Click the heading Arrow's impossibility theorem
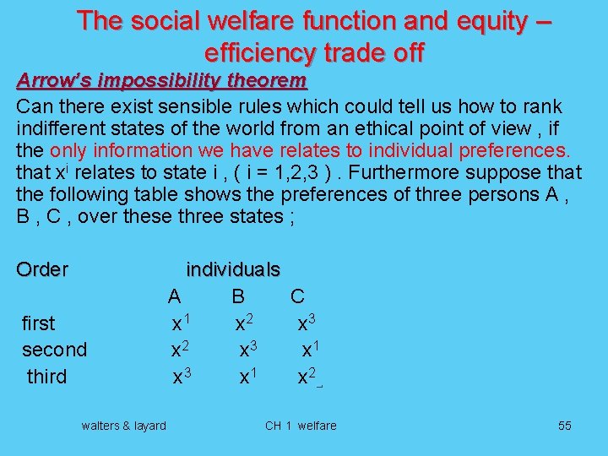(162, 82)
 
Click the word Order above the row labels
(42, 269)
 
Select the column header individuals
(233, 269)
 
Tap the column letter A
(174, 296)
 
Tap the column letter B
(238, 296)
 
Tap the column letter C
(297, 296)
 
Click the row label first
(38, 323)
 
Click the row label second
(54, 350)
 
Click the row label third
(46, 376)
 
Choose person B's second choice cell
(248, 349)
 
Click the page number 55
(564, 426)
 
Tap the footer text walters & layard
(123, 426)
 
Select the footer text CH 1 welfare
(301, 426)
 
